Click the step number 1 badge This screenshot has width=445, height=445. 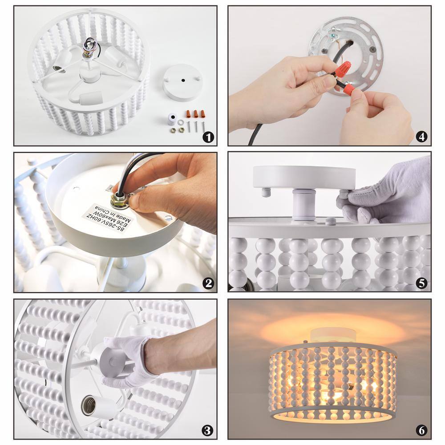pyautogui.click(x=208, y=138)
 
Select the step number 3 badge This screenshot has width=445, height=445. pyautogui.click(x=207, y=430)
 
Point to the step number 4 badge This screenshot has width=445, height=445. pyautogui.click(x=421, y=137)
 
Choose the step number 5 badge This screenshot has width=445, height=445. pyautogui.click(x=421, y=283)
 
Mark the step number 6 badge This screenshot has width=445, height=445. pyautogui.click(x=421, y=430)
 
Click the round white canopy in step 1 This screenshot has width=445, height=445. pyautogui.click(x=182, y=82)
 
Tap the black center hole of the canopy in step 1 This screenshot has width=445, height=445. pyautogui.click(x=183, y=80)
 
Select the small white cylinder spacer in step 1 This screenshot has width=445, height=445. pyautogui.click(x=171, y=119)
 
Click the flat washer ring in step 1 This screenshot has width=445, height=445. pyautogui.click(x=181, y=123)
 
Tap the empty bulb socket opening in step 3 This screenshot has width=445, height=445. pyautogui.click(x=88, y=405)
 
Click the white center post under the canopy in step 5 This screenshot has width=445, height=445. pyautogui.click(x=304, y=205)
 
